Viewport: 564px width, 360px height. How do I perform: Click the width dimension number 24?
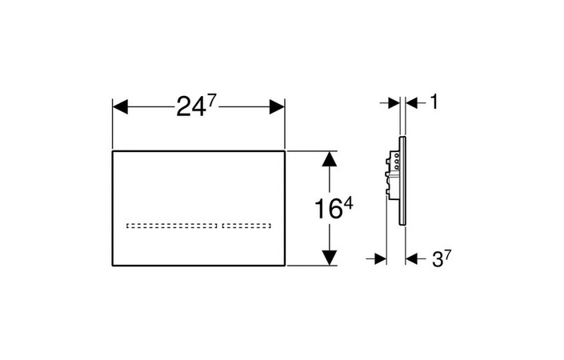(190, 107)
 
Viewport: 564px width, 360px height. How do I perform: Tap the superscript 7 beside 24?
(211, 102)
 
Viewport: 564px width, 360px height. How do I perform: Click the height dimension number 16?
(328, 209)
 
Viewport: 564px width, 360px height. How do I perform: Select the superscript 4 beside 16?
(348, 206)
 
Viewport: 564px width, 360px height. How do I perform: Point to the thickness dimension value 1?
(434, 102)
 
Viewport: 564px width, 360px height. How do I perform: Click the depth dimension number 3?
(437, 259)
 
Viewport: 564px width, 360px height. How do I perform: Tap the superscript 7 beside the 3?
(447, 255)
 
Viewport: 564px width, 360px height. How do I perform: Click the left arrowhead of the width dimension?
(120, 107)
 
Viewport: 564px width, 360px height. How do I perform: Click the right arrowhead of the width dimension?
(277, 107)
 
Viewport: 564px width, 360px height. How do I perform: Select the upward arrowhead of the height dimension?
(330, 159)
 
